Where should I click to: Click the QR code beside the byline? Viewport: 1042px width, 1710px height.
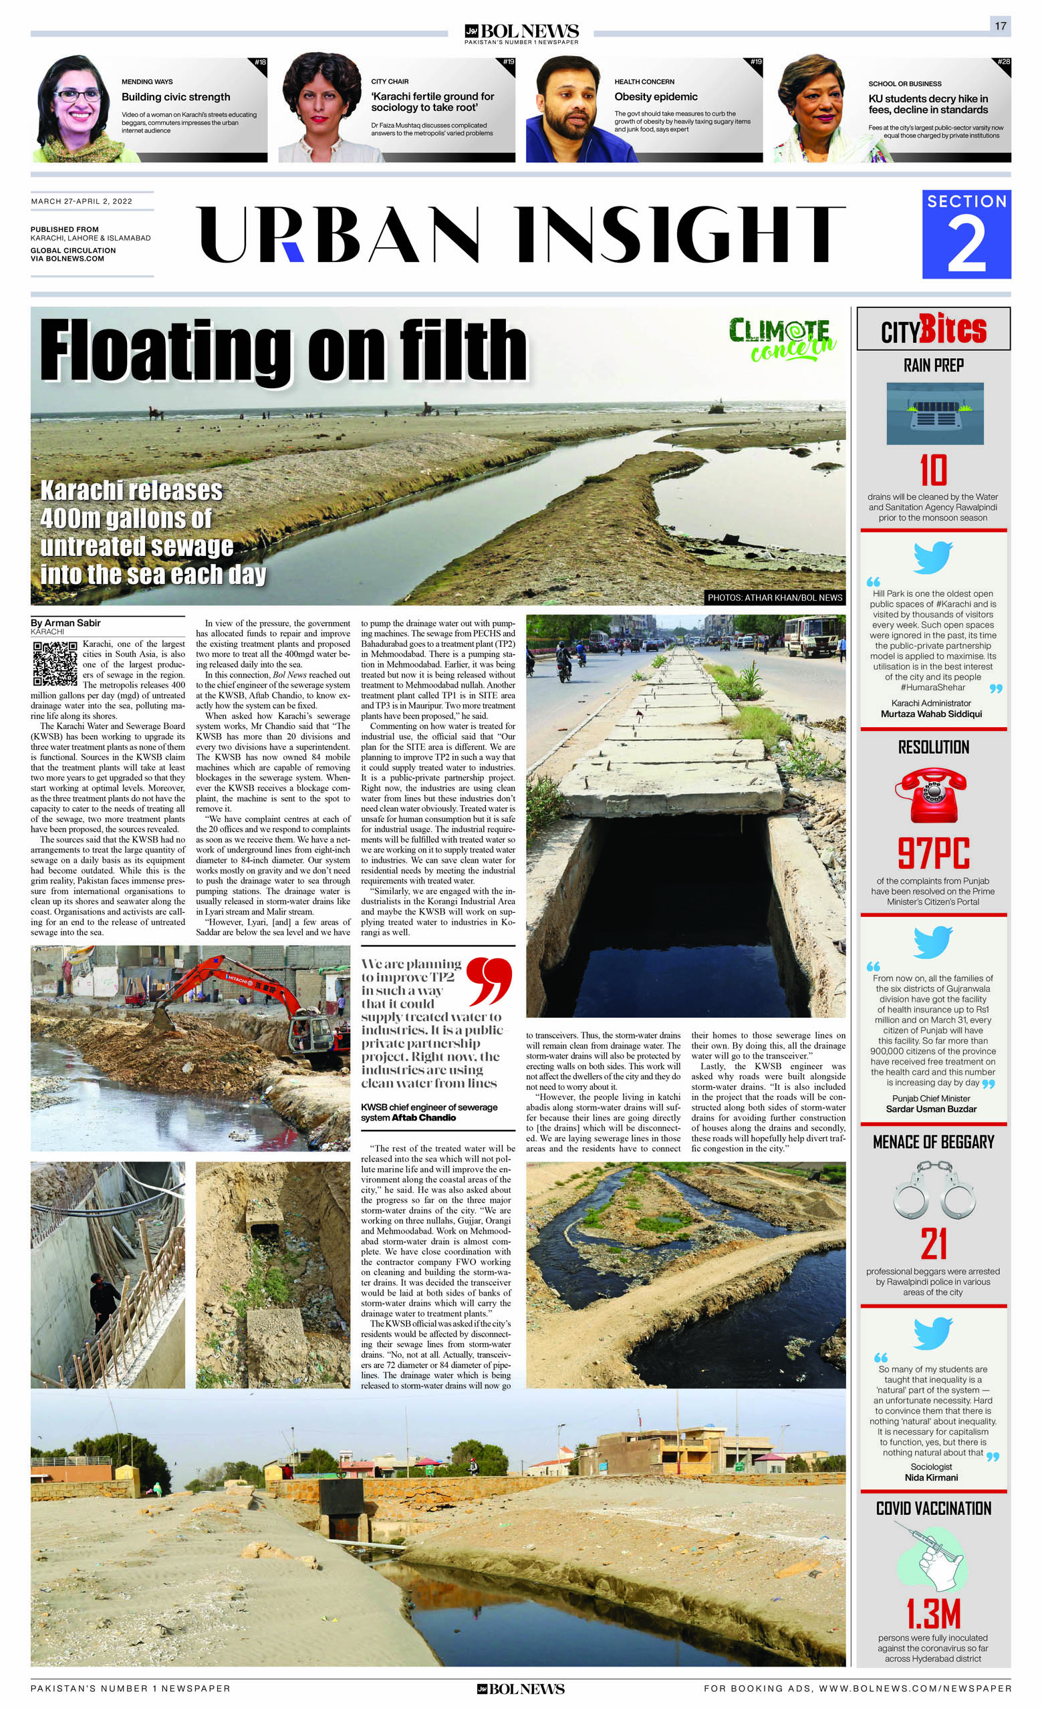click(55, 664)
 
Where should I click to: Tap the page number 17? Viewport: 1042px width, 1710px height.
click(1001, 25)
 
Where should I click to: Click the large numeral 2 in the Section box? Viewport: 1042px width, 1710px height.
click(966, 244)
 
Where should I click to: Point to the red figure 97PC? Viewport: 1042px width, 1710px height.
click(933, 853)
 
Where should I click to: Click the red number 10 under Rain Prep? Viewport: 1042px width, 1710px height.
click(933, 471)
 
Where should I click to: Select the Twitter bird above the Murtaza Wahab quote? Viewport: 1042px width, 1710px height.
click(932, 557)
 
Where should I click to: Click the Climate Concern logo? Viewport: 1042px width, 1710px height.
click(782, 339)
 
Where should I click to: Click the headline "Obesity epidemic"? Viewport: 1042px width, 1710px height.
click(655, 96)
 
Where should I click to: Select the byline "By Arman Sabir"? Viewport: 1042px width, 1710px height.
click(66, 623)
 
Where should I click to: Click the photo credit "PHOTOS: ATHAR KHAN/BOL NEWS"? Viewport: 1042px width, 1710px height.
click(775, 597)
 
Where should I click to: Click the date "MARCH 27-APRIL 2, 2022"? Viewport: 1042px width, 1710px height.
click(82, 201)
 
